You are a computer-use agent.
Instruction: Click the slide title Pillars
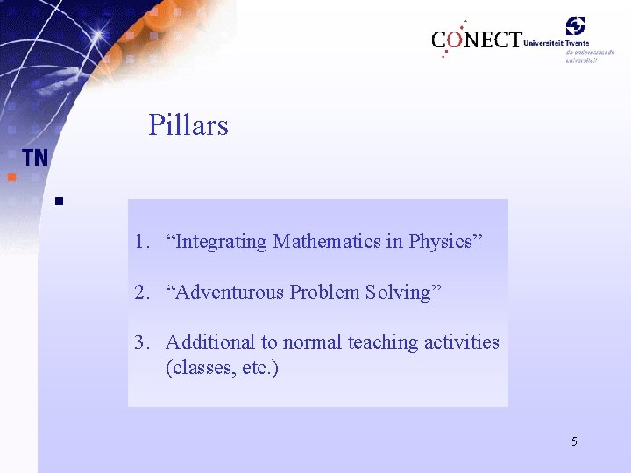point(188,125)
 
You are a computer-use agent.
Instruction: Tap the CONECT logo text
point(476,40)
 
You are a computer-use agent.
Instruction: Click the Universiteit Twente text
point(556,42)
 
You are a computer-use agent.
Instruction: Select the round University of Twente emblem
point(575,26)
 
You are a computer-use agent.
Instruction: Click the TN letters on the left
point(35,158)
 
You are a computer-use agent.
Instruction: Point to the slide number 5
point(574,441)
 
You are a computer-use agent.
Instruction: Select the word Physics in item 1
point(441,242)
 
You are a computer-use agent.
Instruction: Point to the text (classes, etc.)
point(222,367)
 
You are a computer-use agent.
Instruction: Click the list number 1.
point(140,242)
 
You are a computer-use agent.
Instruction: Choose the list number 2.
point(140,293)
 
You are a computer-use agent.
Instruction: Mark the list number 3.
point(140,342)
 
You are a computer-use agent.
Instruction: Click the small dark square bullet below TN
point(58,201)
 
